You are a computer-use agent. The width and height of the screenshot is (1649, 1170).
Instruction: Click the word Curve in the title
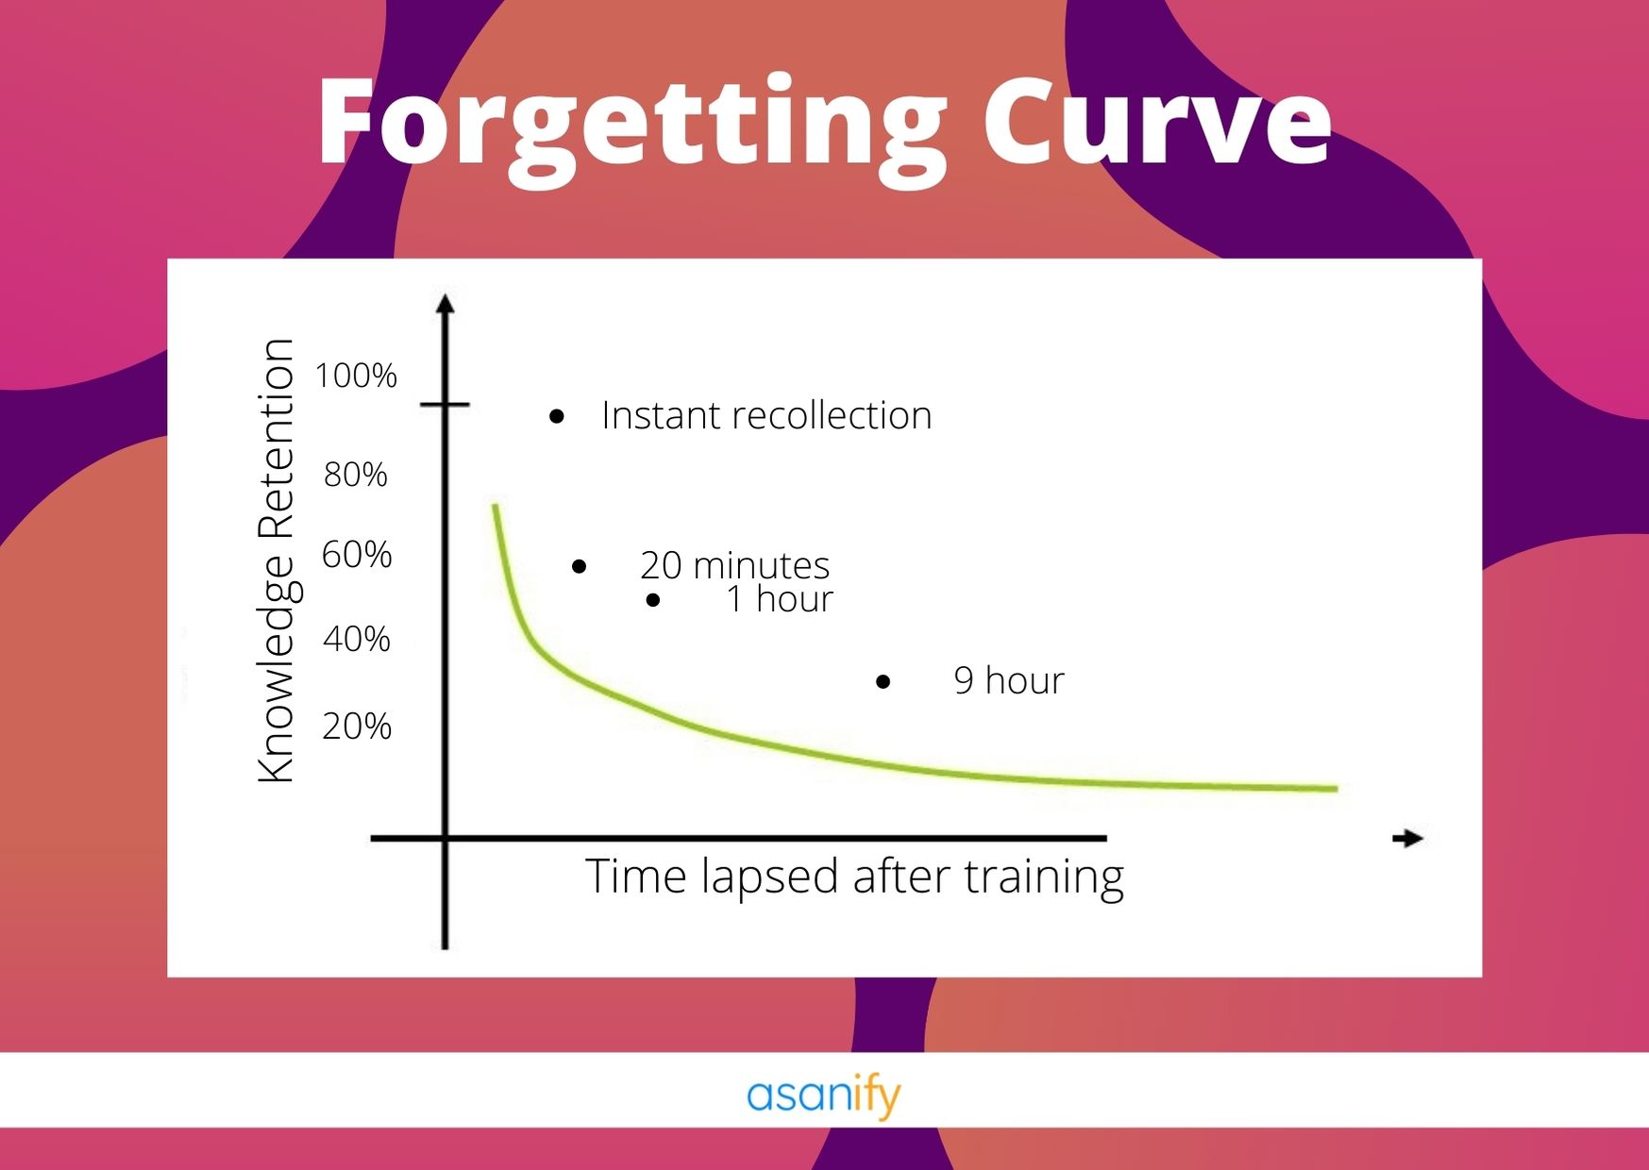tap(1157, 123)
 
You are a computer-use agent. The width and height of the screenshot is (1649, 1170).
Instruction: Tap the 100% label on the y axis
tap(356, 376)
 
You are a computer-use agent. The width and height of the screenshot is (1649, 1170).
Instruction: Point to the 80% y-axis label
tap(356, 475)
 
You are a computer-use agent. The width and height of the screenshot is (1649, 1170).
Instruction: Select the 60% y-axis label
tap(357, 555)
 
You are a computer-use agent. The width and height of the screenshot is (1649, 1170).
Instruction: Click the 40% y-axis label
tap(357, 640)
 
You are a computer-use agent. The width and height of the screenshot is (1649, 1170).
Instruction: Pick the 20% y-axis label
tap(357, 727)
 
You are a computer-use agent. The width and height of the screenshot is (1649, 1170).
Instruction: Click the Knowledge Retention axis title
tap(277, 560)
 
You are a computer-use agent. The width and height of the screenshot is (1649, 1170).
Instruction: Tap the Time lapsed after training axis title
tap(855, 877)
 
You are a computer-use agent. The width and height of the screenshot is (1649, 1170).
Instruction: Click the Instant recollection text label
tap(766, 416)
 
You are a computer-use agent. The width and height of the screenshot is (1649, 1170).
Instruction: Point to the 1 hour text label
tap(780, 599)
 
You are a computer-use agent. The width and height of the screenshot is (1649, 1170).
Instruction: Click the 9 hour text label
tap(1009, 680)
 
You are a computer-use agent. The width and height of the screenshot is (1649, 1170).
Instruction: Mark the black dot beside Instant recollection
tap(557, 416)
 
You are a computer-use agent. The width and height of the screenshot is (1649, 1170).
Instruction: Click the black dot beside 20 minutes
tap(580, 566)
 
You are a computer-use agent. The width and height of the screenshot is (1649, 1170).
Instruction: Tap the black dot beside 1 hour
tap(653, 600)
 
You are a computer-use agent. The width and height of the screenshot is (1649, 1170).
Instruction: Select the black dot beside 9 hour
tap(883, 681)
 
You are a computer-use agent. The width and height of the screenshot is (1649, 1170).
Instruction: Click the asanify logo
tap(824, 1096)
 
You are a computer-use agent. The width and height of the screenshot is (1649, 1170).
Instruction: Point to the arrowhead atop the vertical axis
tap(446, 303)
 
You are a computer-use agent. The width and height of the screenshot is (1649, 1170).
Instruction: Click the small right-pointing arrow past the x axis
tap(1408, 838)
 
